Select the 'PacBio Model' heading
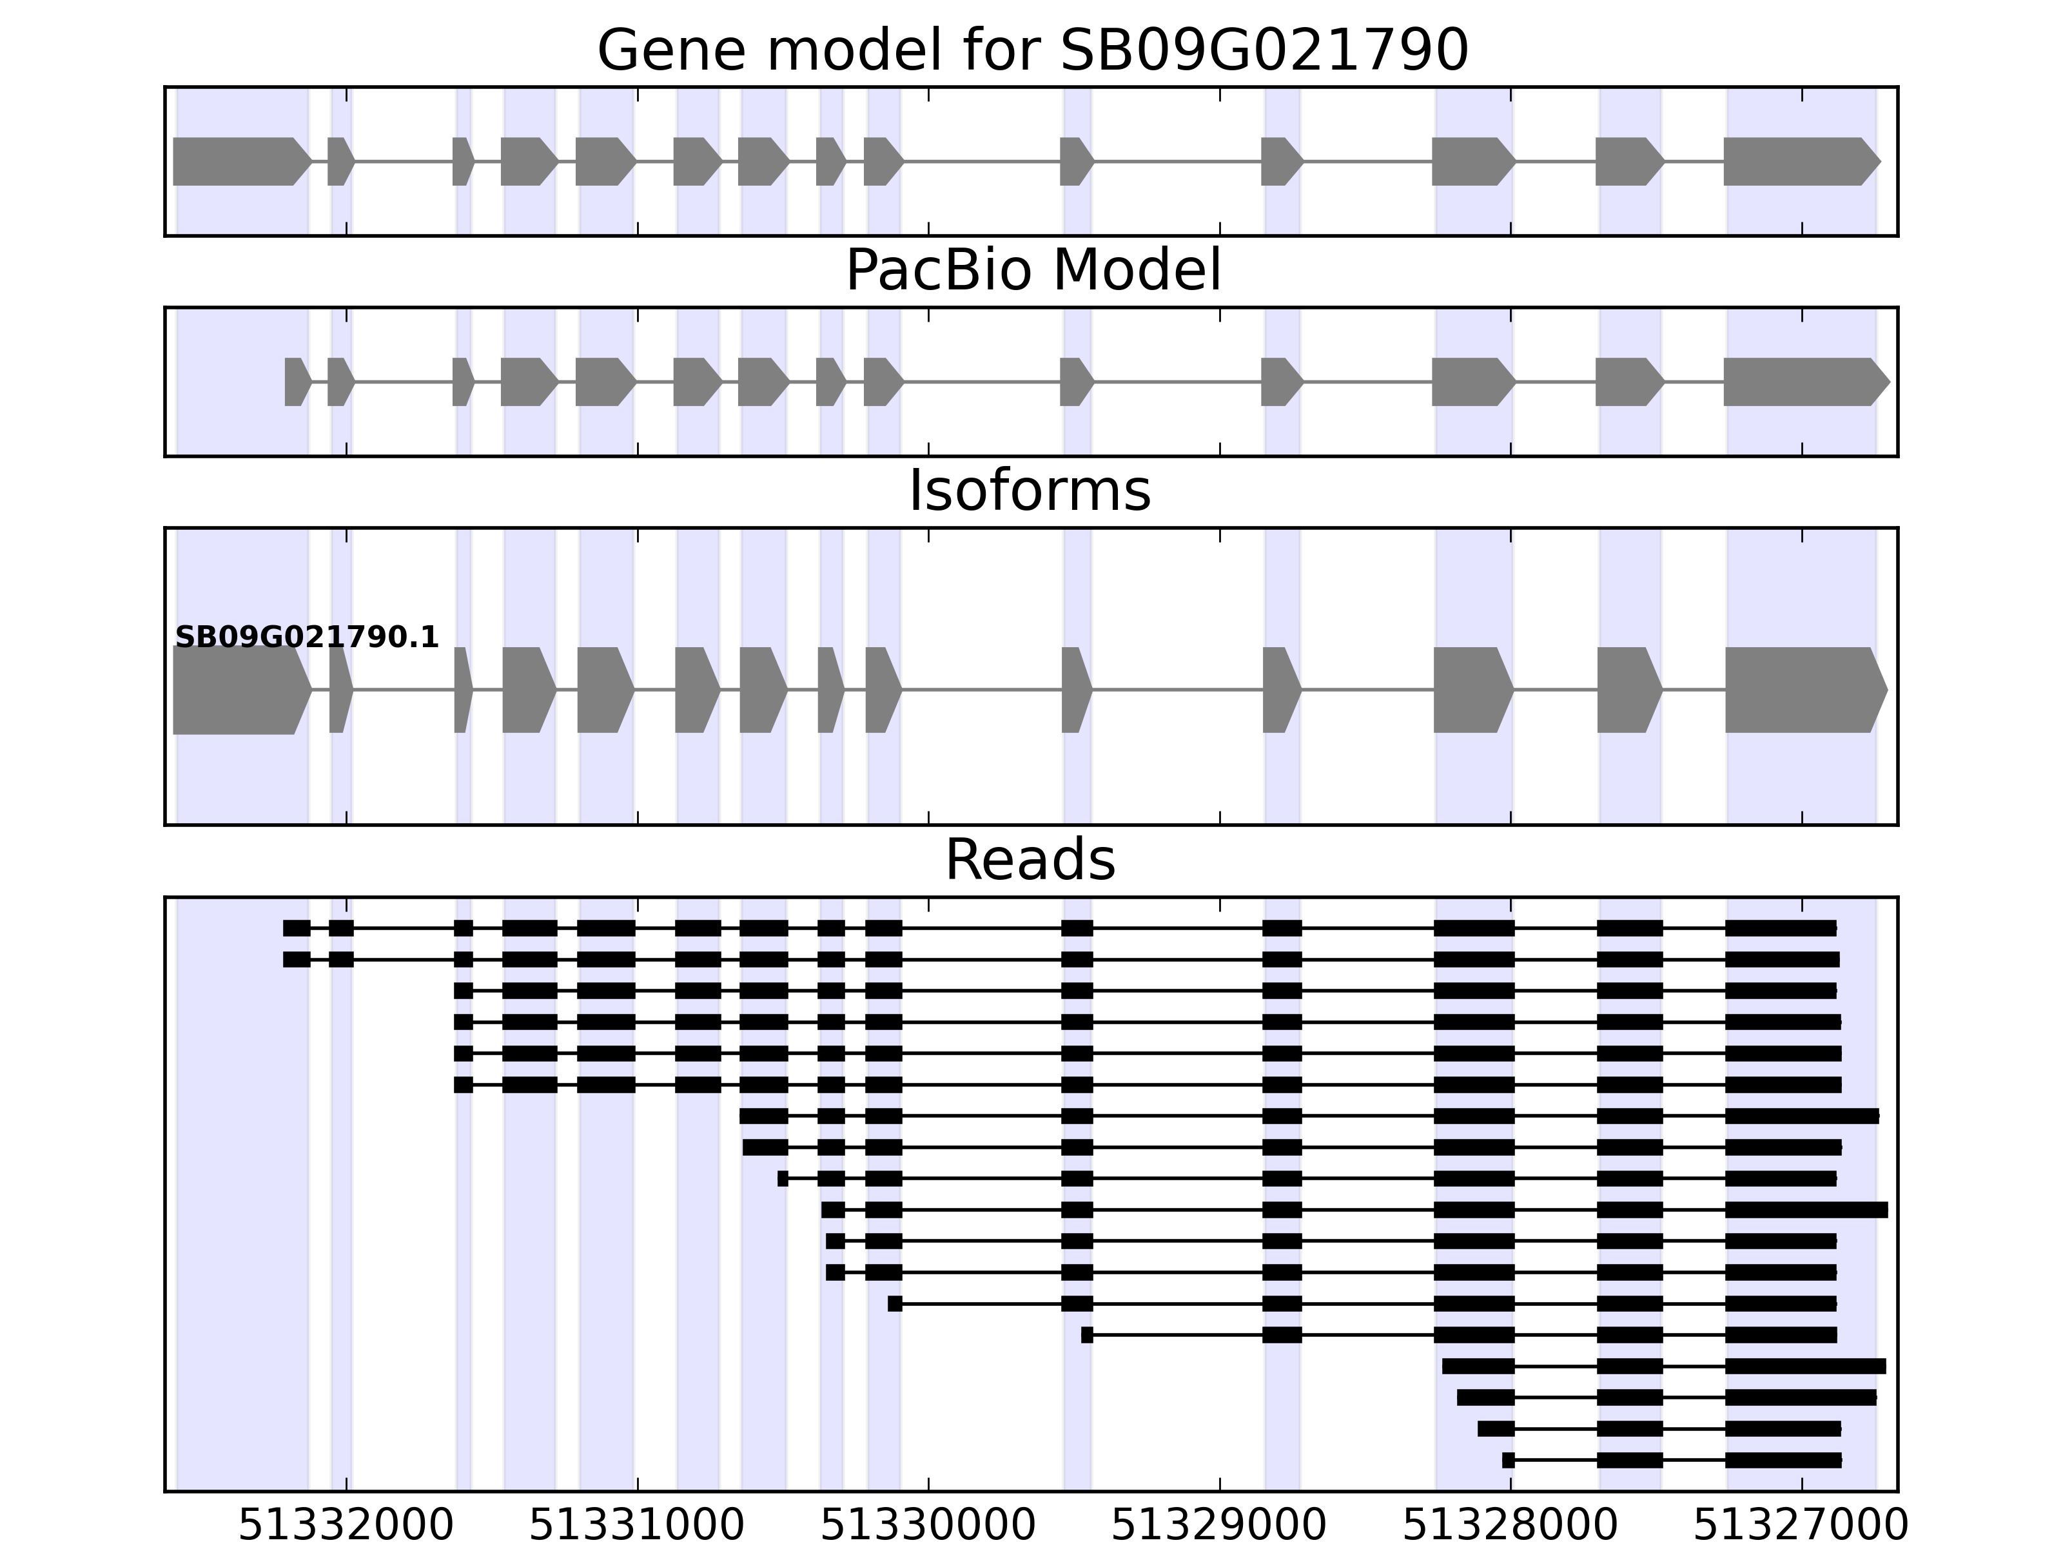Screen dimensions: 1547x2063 pyautogui.click(x=1032, y=271)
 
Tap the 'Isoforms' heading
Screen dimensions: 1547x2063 pyautogui.click(x=1030, y=491)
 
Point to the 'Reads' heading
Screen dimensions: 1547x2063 pyautogui.click(x=1030, y=860)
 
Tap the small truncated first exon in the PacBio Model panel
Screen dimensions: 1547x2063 pyautogui.click(x=297, y=382)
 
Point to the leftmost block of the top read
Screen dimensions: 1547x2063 pyautogui.click(x=297, y=928)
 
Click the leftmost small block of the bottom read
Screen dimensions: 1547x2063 pyautogui.click(x=1508, y=1460)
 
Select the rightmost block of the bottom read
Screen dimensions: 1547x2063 pyautogui.click(x=1783, y=1460)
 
